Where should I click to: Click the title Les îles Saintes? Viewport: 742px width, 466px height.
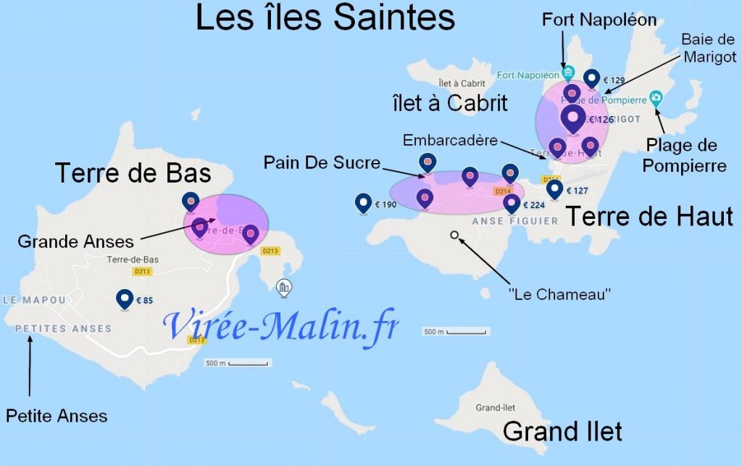coord(325,17)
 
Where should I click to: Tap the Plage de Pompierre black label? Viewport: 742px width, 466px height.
coord(684,156)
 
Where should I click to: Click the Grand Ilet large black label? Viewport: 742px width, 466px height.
coord(562,432)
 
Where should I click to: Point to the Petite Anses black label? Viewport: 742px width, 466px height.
coord(57,416)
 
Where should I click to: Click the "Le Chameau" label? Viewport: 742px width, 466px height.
coord(560,294)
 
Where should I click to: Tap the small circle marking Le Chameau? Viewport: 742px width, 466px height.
coord(454,235)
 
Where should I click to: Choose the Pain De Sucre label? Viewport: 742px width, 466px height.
coord(322,163)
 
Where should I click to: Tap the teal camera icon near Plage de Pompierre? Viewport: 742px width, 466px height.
coord(656,97)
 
